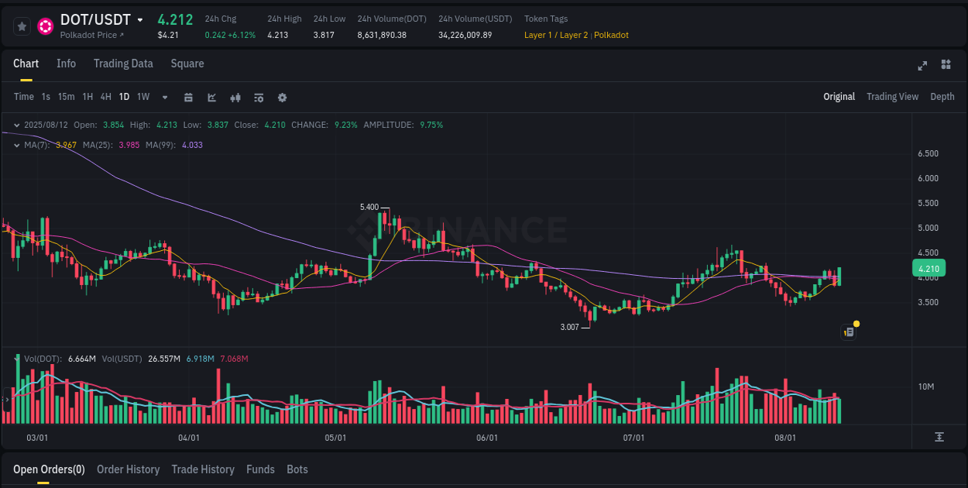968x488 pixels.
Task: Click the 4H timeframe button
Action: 106,97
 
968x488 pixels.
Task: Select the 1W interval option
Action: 143,97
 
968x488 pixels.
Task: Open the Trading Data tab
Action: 123,64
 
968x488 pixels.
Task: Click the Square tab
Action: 187,64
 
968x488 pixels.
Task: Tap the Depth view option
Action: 942,97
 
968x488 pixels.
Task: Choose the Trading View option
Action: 892,97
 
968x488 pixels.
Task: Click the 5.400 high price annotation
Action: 369,207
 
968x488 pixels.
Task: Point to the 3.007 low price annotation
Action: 569,327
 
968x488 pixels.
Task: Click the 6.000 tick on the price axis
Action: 928,178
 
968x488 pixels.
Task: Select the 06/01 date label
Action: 486,438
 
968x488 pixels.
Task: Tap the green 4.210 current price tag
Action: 928,269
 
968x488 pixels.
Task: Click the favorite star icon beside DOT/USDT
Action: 22,26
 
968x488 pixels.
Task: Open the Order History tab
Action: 128,469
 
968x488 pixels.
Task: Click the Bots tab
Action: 297,469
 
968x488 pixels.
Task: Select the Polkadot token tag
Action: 611,35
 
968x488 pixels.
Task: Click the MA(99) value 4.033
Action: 192,145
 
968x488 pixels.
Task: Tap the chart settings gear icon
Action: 282,98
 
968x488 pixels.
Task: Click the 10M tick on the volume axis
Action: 926,387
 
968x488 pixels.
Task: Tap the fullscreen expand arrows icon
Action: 922,65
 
